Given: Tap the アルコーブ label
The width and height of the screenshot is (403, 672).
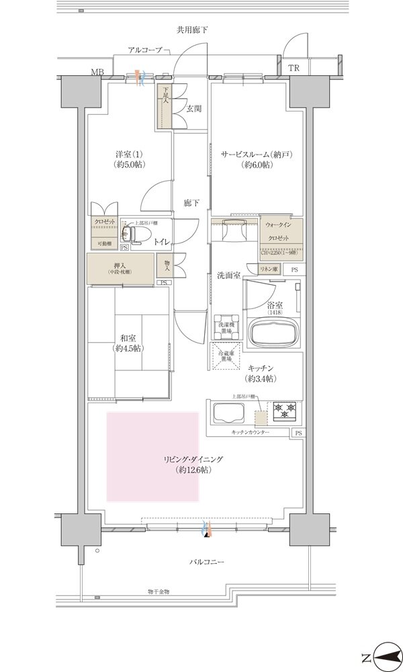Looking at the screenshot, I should [x=144, y=50].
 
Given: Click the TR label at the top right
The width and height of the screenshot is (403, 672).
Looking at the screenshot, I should [x=294, y=69].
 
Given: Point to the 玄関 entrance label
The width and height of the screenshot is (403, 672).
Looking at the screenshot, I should [x=194, y=108].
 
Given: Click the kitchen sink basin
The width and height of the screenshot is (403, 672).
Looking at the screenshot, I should [x=230, y=412].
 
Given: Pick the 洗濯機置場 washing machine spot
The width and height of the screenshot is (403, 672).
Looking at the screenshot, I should [x=226, y=325].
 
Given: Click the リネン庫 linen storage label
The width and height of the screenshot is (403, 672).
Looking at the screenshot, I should [x=269, y=269].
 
